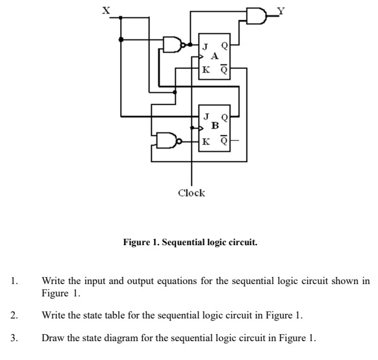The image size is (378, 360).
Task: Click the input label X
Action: (x=98, y=10)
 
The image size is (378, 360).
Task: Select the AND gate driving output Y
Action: (x=255, y=16)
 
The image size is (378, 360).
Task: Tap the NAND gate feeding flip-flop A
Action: (x=173, y=45)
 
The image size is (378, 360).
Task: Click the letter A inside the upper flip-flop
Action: (x=214, y=56)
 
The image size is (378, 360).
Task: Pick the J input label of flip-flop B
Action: (x=205, y=117)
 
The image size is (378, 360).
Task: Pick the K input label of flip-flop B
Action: (x=205, y=140)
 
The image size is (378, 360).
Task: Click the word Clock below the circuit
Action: (x=191, y=193)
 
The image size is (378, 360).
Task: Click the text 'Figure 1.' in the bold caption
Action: (x=142, y=244)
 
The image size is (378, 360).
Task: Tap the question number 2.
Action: (x=13, y=315)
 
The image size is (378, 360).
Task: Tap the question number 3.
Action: (x=13, y=337)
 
